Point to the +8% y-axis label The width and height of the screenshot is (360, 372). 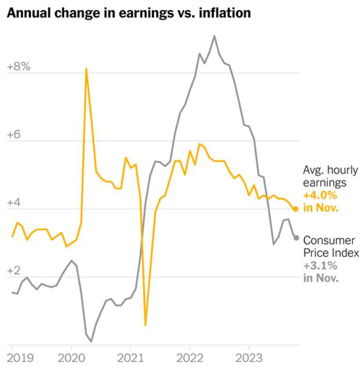pos(18,67)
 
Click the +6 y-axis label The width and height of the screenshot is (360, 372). pos(15,135)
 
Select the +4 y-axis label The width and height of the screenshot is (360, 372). pos(15,203)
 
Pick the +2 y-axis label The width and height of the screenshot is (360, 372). pos(15,271)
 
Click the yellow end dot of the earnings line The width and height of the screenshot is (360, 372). pos(296,209)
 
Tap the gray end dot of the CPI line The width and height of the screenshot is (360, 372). pos(296,237)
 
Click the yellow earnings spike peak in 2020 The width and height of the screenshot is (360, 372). pos(86,68)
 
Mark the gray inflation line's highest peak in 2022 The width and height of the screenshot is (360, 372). pos(214,36)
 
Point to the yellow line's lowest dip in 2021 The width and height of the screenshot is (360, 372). pos(145,326)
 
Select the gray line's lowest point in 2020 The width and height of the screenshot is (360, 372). pos(91,341)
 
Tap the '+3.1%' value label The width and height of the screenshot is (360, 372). pos(319,265)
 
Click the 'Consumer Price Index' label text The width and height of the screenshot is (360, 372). pos(332,246)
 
